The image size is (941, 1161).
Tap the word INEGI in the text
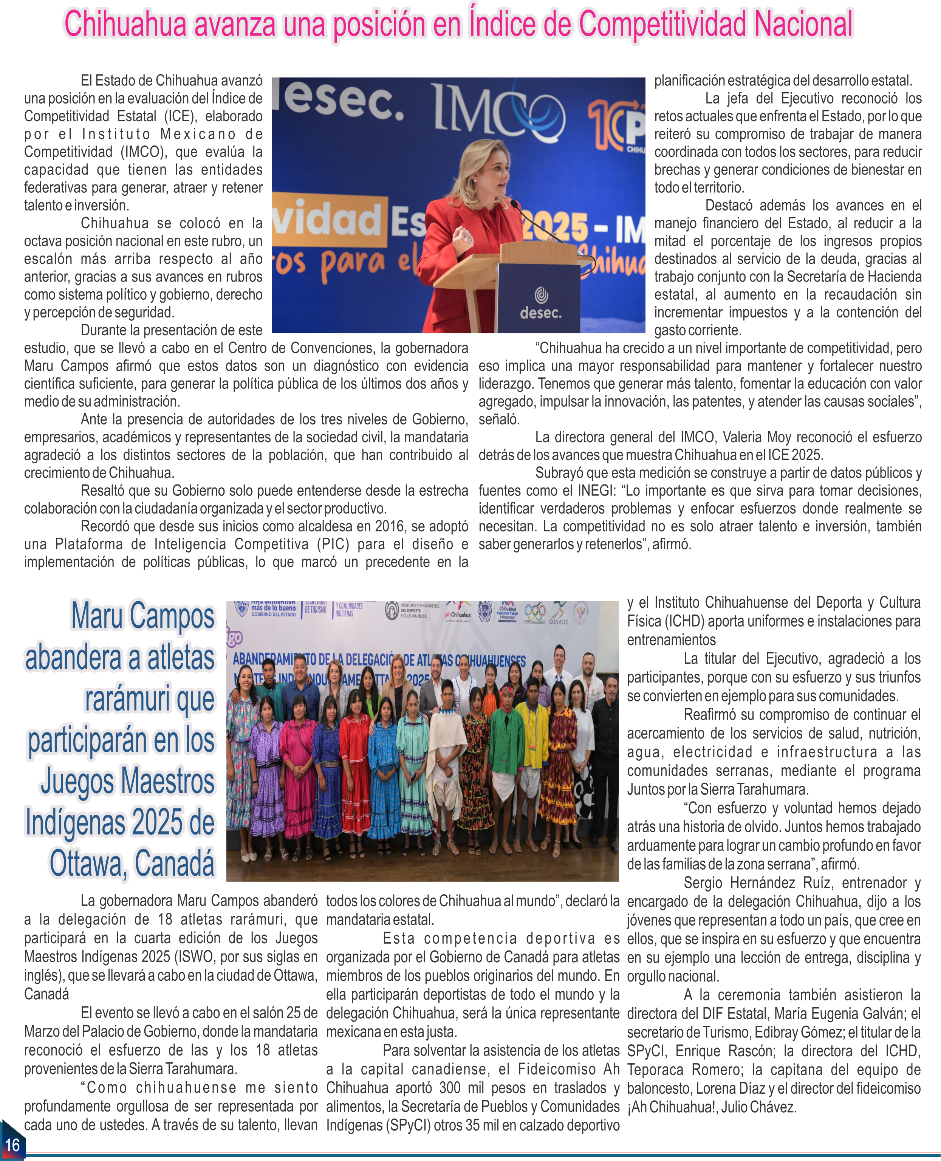pos(596,491)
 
